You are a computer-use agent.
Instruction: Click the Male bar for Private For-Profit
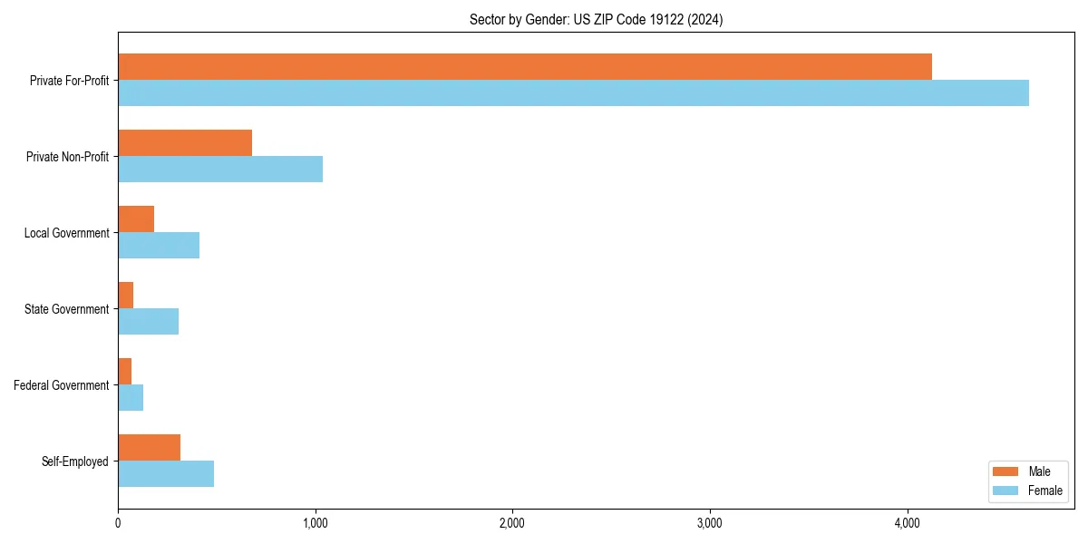(x=524, y=67)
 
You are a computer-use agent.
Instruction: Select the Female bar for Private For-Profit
(x=573, y=92)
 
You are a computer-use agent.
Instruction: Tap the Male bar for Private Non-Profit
(x=185, y=143)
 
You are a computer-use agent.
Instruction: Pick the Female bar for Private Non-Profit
(x=220, y=169)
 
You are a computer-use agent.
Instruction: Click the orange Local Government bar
(x=136, y=219)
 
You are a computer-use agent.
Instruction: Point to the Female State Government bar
(x=148, y=321)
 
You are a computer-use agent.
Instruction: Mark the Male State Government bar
(x=126, y=296)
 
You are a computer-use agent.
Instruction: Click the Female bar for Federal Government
(x=131, y=397)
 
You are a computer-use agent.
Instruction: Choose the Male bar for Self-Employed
(x=149, y=448)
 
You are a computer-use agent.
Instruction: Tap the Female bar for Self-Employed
(x=166, y=473)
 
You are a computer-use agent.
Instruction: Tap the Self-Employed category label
(x=75, y=461)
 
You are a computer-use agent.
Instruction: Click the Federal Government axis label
(x=62, y=385)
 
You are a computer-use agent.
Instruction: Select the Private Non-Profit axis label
(x=68, y=157)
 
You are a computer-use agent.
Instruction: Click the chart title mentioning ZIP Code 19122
(x=596, y=19)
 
